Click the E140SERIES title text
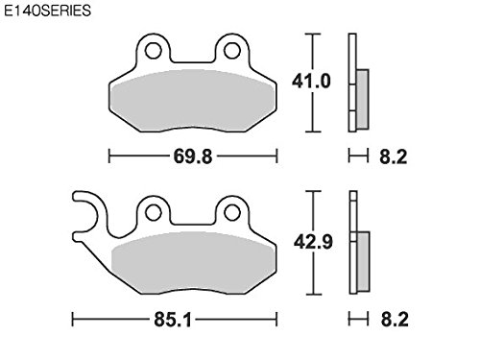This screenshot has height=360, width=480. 47,11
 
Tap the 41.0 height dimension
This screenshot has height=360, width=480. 311,82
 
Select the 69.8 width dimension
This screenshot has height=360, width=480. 193,156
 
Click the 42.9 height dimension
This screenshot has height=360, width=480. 313,242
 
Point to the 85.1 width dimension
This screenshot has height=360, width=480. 173,320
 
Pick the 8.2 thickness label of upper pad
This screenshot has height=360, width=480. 394,156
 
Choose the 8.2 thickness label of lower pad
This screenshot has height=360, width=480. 395,320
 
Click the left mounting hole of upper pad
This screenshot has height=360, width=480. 153,51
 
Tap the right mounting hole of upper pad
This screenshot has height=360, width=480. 232,51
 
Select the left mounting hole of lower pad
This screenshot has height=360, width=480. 153,212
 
